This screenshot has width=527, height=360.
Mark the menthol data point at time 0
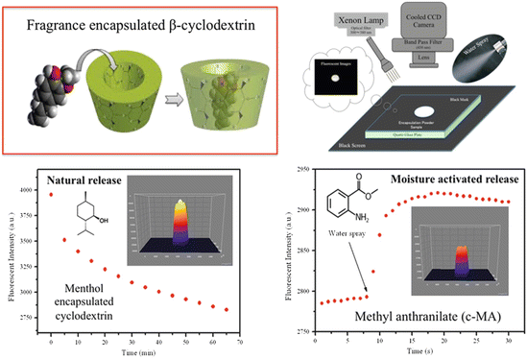tap(50, 195)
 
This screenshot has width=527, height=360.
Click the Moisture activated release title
tap(444, 179)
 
